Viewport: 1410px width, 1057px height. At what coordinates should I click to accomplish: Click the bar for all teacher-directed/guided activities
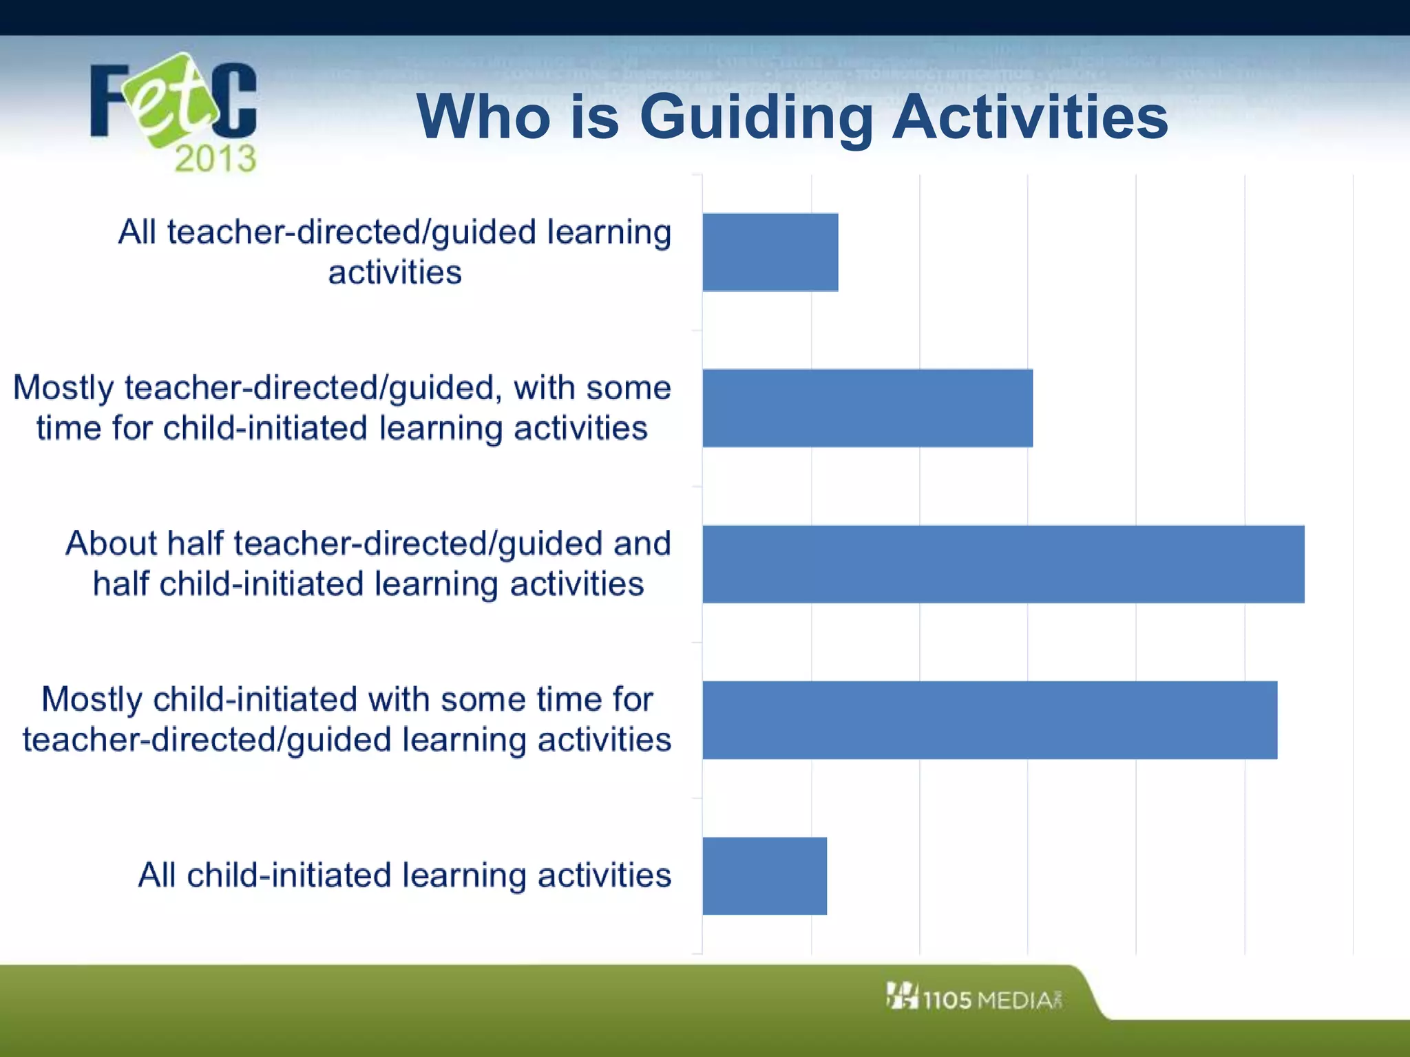pyautogui.click(x=770, y=252)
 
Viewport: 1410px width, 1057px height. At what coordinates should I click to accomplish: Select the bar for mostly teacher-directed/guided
pyautogui.click(x=867, y=408)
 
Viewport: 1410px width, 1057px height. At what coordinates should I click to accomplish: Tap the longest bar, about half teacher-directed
pyautogui.click(x=1003, y=564)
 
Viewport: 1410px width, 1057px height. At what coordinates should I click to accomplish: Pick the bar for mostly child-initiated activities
pyautogui.click(x=989, y=720)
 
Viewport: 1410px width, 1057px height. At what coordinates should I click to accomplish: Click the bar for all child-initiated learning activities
pyautogui.click(x=764, y=876)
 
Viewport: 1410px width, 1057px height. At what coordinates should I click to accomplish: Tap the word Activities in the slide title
pyautogui.click(x=1030, y=117)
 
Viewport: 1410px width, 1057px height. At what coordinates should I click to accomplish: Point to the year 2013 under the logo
pyautogui.click(x=215, y=159)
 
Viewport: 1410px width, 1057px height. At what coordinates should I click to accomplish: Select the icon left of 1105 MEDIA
pyautogui.click(x=902, y=996)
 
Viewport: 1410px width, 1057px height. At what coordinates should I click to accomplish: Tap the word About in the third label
pyautogui.click(x=110, y=544)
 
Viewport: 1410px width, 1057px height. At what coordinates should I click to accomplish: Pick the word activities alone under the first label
pyautogui.click(x=394, y=273)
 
